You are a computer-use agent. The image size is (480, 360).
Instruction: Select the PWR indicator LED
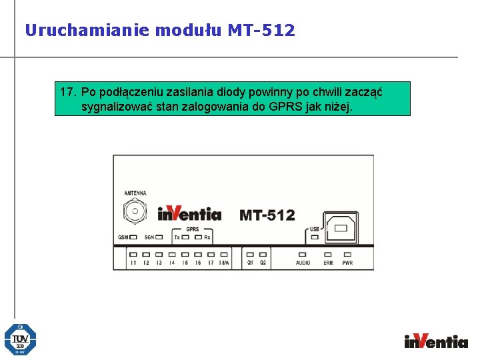tap(347, 254)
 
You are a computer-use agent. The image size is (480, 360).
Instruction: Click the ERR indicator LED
tap(328, 254)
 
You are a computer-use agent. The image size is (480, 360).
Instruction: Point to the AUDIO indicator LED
tap(303, 254)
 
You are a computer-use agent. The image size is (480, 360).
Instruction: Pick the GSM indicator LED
tap(134, 237)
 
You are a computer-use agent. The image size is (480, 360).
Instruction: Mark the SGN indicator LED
tap(160, 237)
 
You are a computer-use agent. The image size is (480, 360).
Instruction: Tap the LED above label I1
tap(133, 254)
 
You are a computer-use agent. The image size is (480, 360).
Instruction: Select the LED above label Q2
tap(263, 254)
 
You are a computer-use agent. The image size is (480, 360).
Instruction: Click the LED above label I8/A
tap(224, 254)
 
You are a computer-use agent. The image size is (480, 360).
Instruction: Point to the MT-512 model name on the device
tap(267, 215)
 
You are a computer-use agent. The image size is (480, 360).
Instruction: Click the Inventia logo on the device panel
tap(189, 213)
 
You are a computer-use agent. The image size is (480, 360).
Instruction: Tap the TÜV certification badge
tap(20, 339)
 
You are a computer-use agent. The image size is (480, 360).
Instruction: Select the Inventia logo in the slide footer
tap(436, 341)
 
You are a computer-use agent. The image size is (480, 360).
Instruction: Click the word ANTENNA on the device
tap(135, 193)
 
